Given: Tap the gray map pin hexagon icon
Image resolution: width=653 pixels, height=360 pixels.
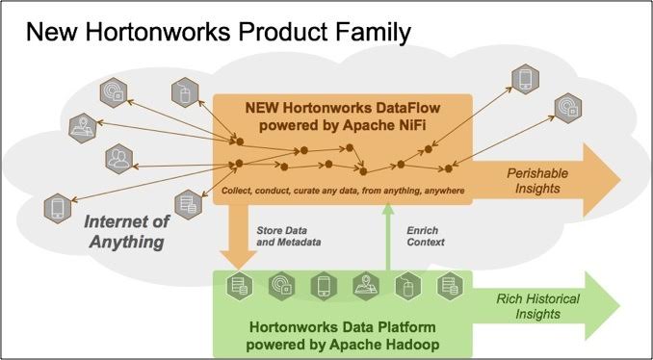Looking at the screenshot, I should coord(84,126).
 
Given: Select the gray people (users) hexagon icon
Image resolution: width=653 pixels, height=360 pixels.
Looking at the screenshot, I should coord(118,157).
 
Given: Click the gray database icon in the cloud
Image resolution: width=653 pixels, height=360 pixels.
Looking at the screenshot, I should coord(187,203).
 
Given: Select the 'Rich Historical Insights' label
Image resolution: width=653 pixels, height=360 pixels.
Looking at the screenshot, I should coord(537,306).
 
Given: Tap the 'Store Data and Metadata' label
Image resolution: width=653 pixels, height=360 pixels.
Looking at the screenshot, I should coord(286,237).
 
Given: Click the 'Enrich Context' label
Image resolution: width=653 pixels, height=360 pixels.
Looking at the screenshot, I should coord(426,237).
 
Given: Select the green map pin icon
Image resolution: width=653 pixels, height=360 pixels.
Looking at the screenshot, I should coord(363,285).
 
